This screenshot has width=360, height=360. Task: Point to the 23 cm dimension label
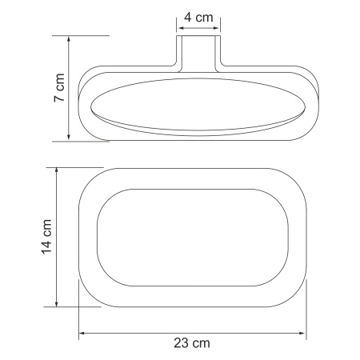click(x=193, y=343)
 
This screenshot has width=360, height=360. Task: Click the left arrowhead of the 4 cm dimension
click(x=180, y=26)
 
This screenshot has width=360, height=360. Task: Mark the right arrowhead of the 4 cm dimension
click(x=217, y=26)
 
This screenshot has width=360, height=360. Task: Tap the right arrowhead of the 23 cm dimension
click(x=304, y=332)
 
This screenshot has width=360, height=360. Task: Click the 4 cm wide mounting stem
click(x=198, y=50)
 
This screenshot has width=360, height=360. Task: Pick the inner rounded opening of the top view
click(x=192, y=238)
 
